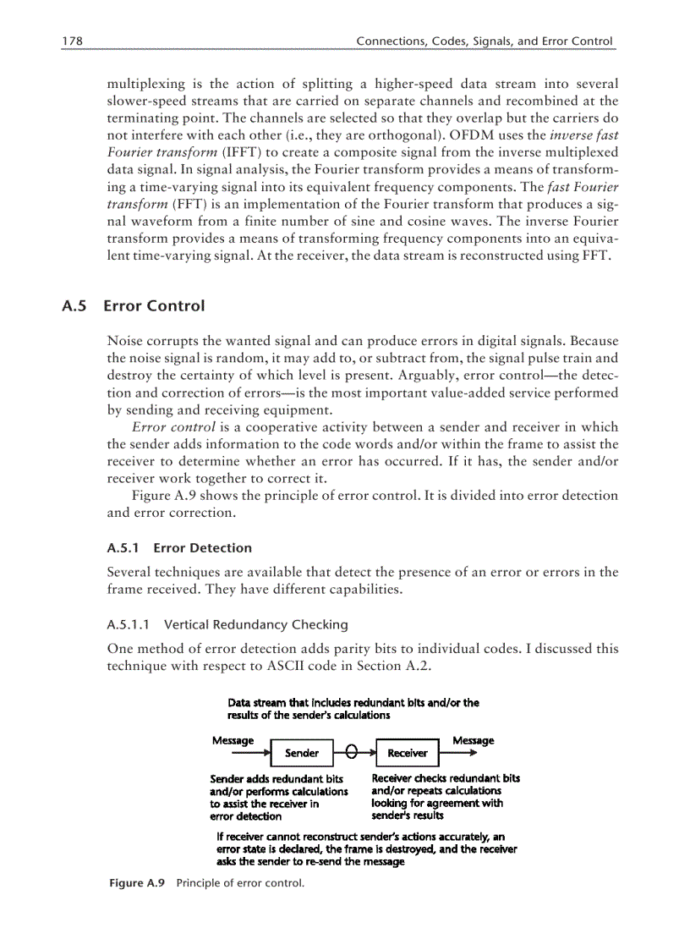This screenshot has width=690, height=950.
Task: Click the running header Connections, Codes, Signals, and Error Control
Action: coord(484,41)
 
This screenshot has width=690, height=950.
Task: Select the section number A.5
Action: coord(74,305)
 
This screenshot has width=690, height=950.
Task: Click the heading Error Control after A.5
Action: coord(154,305)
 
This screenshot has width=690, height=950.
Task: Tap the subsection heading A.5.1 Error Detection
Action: coord(179,548)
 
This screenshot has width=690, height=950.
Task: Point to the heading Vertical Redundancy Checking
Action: coord(255,624)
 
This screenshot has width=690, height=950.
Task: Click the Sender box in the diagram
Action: coord(302,752)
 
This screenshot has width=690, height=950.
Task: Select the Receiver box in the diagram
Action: coord(407,752)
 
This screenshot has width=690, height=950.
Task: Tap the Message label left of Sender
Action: coord(233,740)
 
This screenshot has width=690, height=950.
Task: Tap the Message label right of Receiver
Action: coord(473,740)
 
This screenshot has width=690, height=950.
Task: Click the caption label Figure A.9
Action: coord(137,882)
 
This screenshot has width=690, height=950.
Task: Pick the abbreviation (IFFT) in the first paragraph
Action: coord(243,152)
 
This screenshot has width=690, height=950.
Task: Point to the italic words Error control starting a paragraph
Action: coord(168,427)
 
